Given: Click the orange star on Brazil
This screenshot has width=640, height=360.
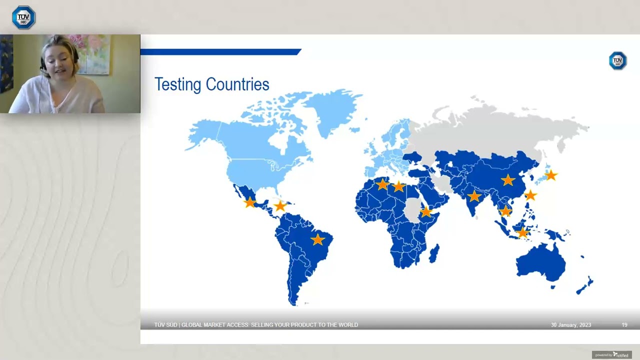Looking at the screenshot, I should point(317,240).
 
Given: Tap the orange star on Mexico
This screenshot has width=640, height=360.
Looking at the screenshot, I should point(249,202).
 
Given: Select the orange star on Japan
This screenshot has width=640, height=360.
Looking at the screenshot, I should point(550,175).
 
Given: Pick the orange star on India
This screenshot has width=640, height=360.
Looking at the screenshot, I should point(474,196).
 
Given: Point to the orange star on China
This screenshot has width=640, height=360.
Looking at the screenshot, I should point(508,180).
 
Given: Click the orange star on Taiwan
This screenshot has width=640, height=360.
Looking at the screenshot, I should point(530,195).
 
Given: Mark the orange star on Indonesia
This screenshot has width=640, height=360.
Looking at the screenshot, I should point(522,232).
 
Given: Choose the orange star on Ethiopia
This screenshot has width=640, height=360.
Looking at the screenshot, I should point(425,212).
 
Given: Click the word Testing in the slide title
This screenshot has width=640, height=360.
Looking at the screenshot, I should point(177,84).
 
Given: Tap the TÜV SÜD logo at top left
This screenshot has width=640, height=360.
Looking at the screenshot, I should point(23,17).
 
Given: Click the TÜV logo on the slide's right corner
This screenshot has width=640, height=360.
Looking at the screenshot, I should point(617,60).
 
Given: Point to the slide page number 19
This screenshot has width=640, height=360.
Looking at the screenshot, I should point(624,325).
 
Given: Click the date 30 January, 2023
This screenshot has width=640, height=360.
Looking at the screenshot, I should point(570,325).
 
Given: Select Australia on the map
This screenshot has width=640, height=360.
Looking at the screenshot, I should point(541,262).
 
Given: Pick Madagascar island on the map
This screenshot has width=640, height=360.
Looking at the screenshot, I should point(434,252).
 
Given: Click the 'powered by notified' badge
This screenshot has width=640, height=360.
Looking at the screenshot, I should point(611,355).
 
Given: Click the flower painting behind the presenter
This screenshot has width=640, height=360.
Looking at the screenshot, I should point(92,52).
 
